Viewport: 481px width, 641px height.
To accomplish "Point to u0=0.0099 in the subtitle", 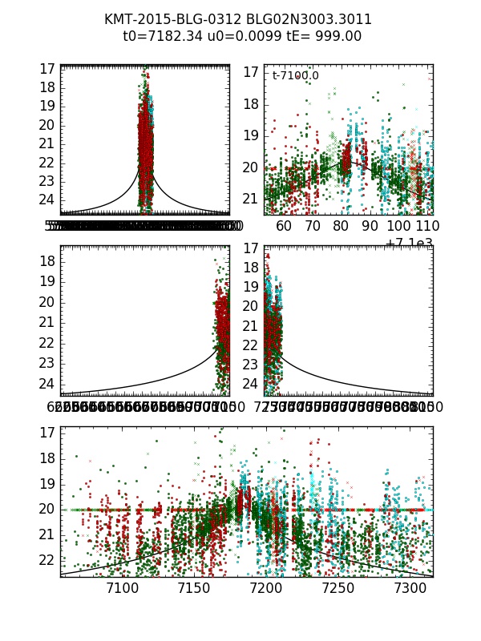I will pos(244,36).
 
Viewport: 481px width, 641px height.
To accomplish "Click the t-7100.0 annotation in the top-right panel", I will pos(295,76).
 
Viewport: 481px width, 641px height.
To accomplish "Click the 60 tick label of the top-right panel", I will pos(284,227).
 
